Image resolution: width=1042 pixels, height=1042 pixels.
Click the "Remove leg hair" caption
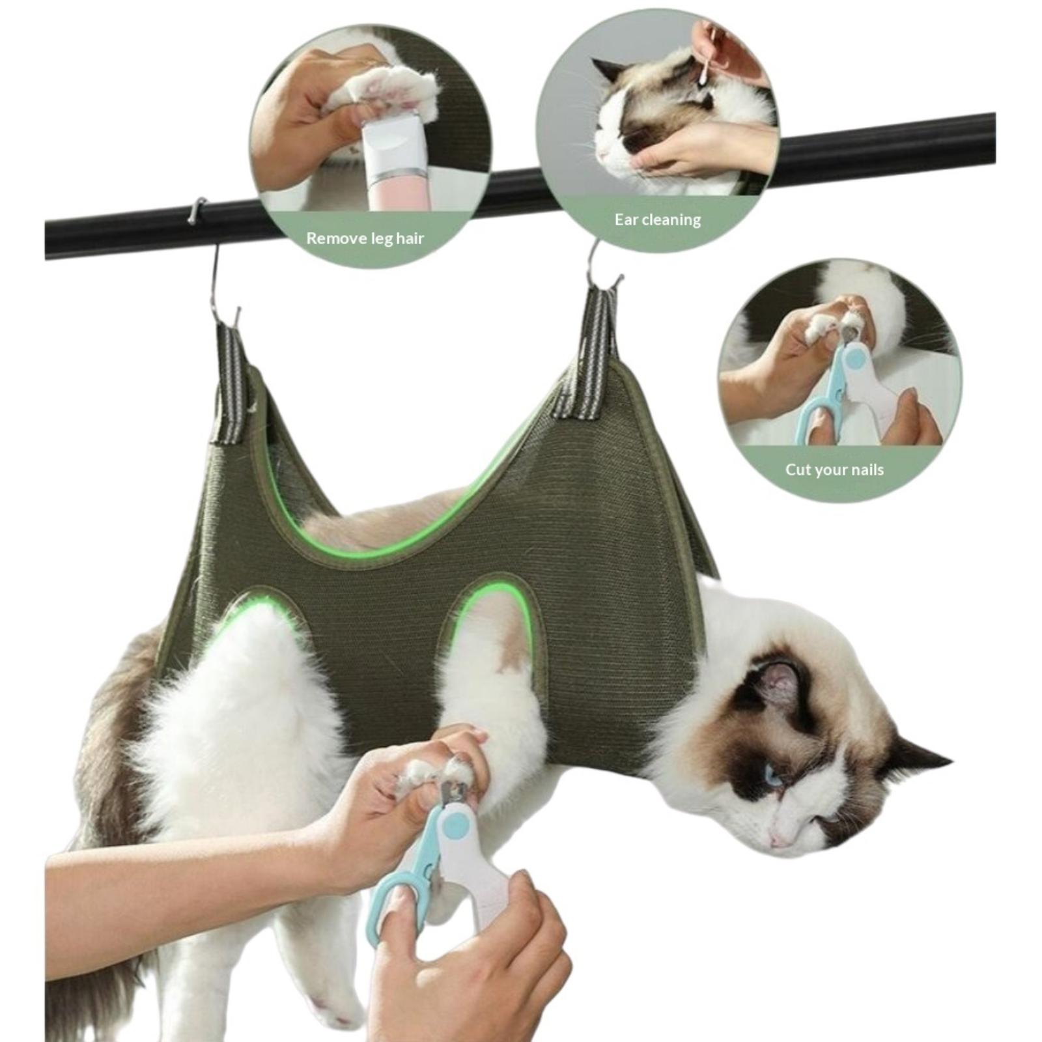365,238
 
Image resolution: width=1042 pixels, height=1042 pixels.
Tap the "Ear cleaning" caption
658,219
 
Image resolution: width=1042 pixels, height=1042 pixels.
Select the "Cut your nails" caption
834,470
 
